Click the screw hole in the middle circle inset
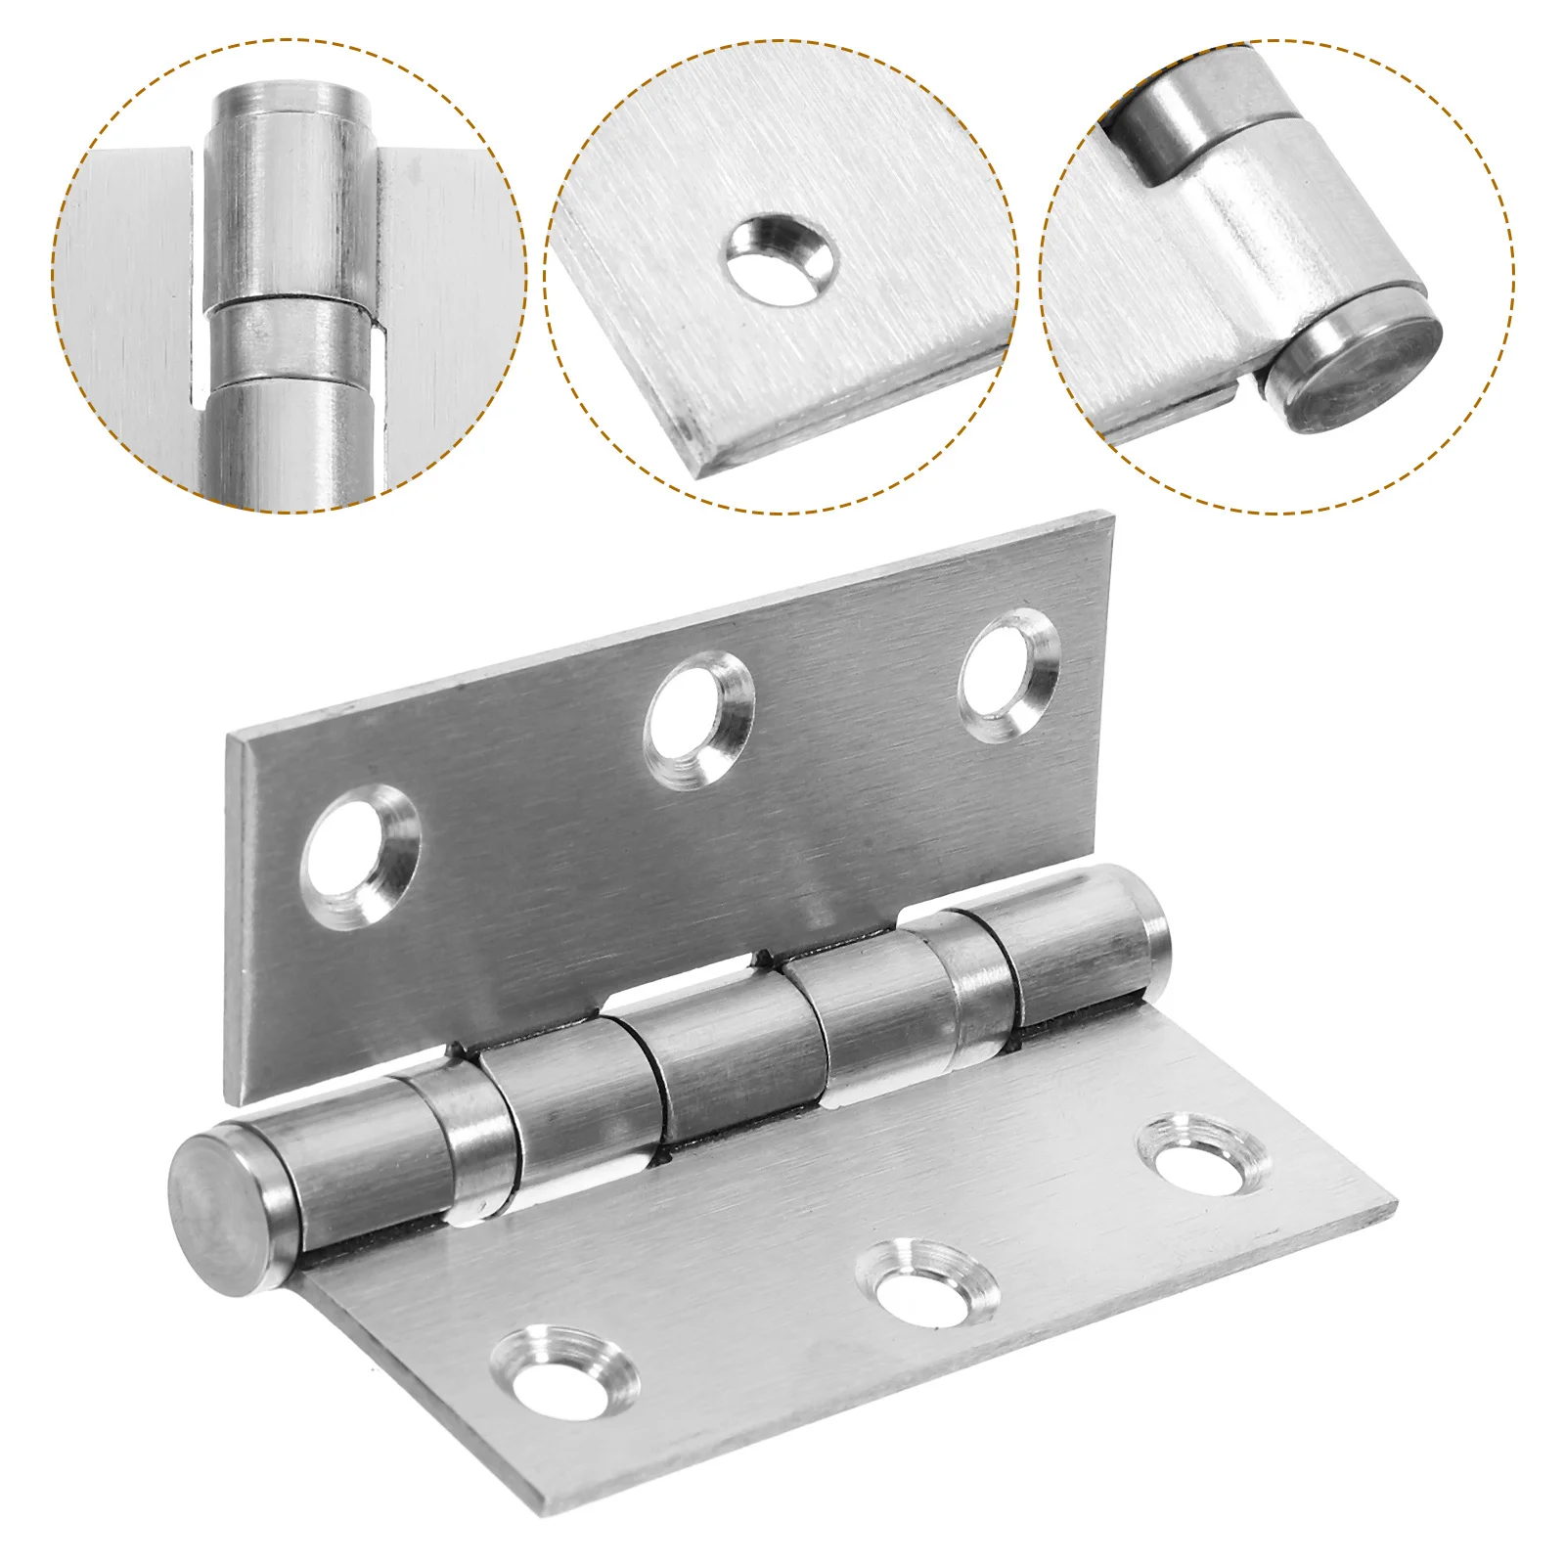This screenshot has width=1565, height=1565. point(780,259)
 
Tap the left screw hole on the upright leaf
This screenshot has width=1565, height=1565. point(359,857)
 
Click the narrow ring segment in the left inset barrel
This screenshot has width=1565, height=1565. point(291,338)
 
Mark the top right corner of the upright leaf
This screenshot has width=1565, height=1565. point(1112,514)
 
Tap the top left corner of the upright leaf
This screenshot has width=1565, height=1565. point(228,736)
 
